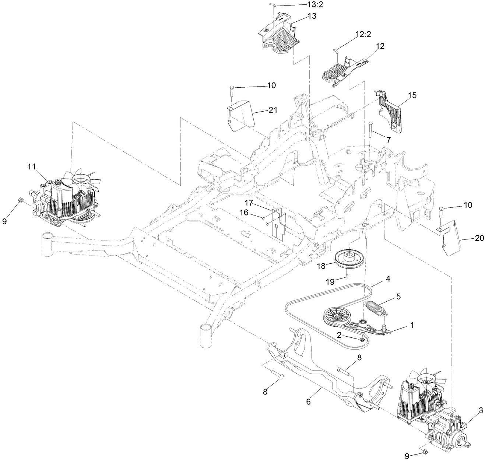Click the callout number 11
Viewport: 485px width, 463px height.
31,166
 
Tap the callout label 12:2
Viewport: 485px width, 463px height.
363,34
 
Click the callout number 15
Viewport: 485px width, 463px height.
412,95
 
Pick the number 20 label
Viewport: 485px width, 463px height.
479,238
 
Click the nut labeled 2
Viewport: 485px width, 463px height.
363,339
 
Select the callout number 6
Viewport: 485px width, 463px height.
308,401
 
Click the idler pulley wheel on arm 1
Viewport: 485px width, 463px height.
335,316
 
